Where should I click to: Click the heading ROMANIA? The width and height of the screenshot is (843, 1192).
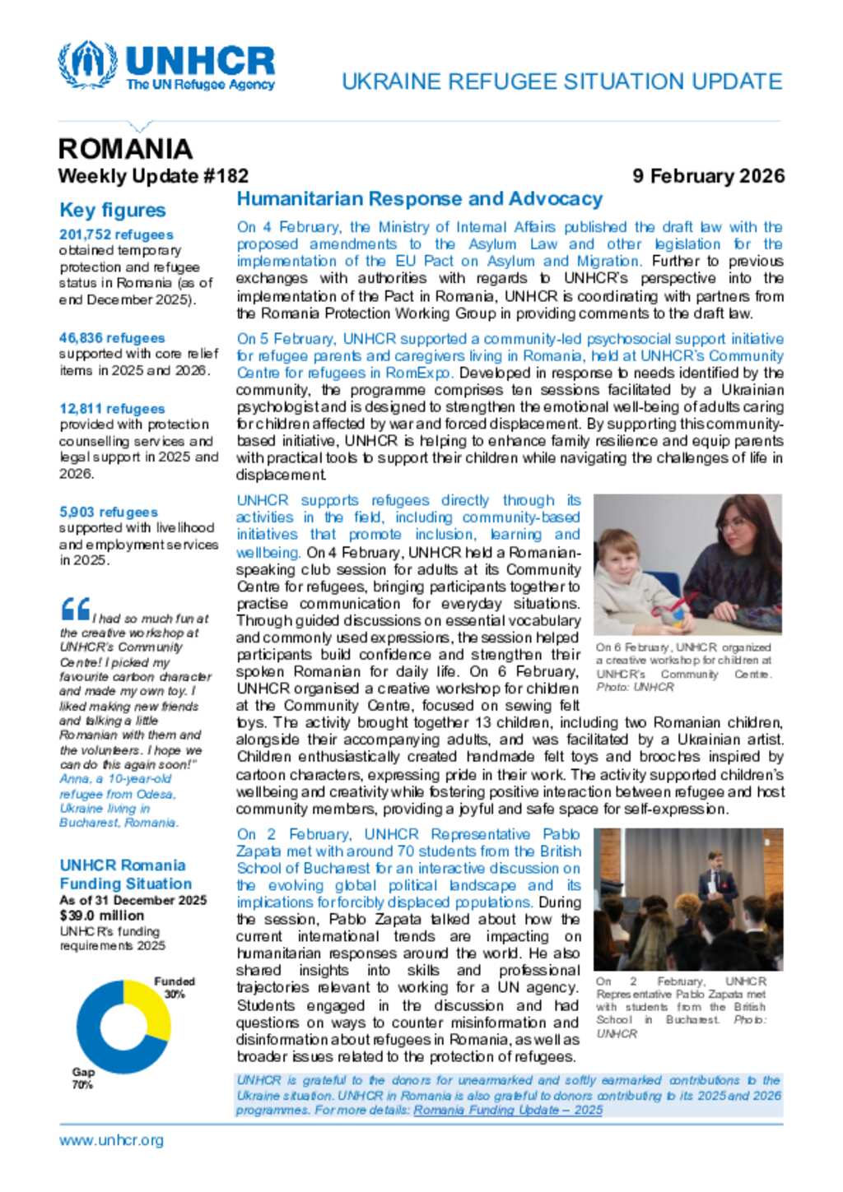pyautogui.click(x=125, y=149)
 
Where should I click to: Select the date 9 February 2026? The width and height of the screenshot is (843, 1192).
pyautogui.click(x=708, y=176)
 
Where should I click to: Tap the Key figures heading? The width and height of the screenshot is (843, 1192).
pyautogui.click(x=113, y=211)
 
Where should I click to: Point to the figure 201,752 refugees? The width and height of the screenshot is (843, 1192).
pyautogui.click(x=116, y=234)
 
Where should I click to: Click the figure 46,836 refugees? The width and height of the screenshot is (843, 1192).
pyautogui.click(x=112, y=338)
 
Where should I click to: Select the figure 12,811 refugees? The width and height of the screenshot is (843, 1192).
pyautogui.click(x=112, y=409)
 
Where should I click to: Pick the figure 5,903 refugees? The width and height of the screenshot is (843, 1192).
pyautogui.click(x=108, y=512)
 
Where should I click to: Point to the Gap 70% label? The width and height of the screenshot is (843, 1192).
pyautogui.click(x=83, y=1078)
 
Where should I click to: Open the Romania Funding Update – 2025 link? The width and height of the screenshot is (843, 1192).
pyautogui.click(x=508, y=1110)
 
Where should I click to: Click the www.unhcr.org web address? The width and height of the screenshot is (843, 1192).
pyautogui.click(x=111, y=1140)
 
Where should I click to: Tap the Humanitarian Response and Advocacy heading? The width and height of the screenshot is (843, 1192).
pyautogui.click(x=419, y=199)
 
